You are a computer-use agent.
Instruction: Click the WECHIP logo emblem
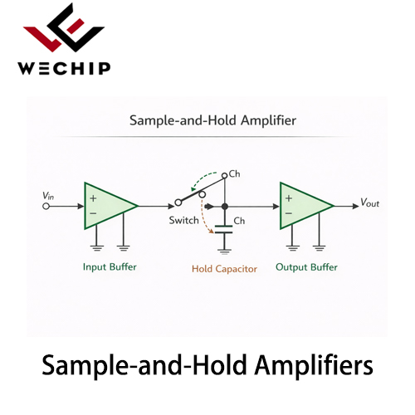[64, 27]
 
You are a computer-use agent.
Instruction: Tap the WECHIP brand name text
[64, 68]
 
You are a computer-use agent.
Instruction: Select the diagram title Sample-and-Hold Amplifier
[212, 120]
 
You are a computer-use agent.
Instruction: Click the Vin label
[48, 196]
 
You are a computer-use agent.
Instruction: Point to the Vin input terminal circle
[46, 207]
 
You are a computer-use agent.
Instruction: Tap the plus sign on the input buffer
[93, 198]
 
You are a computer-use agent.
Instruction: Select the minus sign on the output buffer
[289, 213]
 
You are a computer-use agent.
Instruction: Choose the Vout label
[369, 203]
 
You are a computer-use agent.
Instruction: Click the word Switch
[184, 221]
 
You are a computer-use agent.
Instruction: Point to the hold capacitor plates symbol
[224, 229]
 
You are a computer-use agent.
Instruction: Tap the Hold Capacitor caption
[224, 269]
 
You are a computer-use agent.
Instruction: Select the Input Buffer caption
[110, 267]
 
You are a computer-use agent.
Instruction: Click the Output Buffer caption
[306, 267]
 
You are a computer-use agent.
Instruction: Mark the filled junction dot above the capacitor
[225, 207]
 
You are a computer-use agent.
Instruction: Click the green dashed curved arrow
[200, 178]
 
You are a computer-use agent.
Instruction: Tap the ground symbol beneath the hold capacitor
[224, 251]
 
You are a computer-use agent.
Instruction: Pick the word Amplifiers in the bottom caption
[314, 365]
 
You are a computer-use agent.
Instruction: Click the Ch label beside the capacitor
[239, 221]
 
